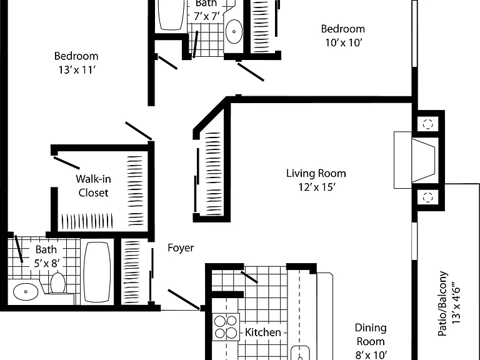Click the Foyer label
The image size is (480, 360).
(x=181, y=247)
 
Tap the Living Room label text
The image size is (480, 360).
(x=316, y=173)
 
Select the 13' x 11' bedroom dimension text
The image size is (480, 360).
(x=77, y=70)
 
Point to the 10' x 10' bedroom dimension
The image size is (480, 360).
(x=344, y=42)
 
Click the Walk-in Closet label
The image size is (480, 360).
(x=93, y=186)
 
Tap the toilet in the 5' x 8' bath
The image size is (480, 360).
(x=57, y=283)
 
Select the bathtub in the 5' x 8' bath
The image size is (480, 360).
(x=97, y=272)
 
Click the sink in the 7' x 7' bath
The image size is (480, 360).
(x=234, y=31)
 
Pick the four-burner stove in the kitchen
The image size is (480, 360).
(x=226, y=327)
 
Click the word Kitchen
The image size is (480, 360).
(x=263, y=332)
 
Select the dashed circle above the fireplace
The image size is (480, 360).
(x=427, y=124)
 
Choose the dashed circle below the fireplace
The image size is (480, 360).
(x=427, y=197)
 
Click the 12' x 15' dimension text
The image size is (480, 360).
(x=317, y=187)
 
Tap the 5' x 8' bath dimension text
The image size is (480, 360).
(x=46, y=263)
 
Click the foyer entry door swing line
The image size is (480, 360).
(x=183, y=299)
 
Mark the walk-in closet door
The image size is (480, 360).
(x=67, y=163)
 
